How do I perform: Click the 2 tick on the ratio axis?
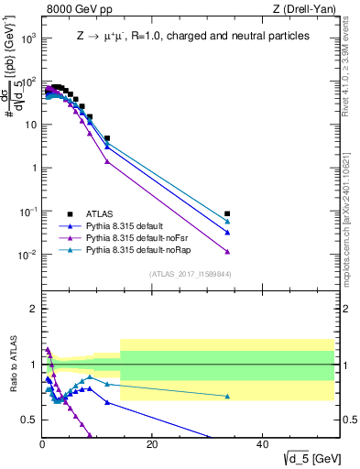[x=34, y=310]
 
